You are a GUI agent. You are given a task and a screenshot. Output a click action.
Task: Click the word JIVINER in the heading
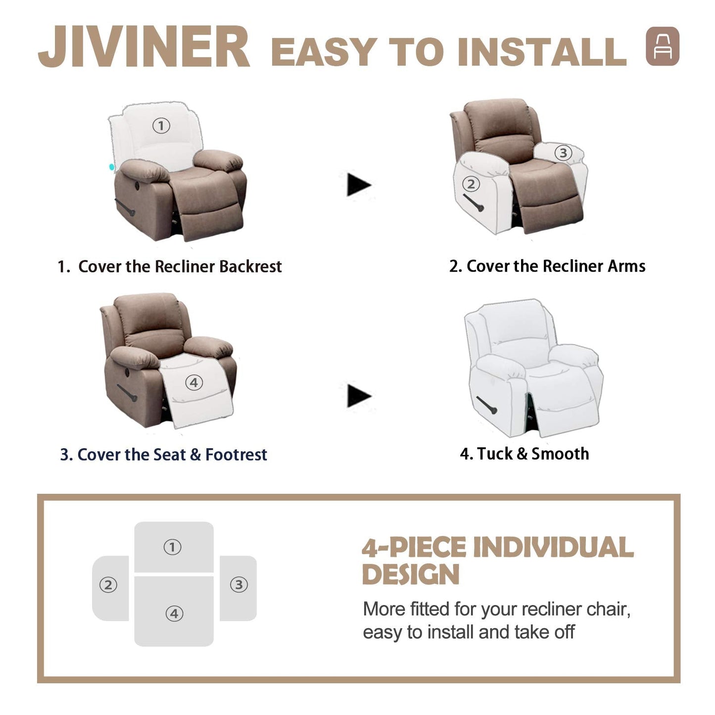coord(143,48)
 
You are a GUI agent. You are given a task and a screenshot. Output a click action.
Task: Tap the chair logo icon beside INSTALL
coord(662,46)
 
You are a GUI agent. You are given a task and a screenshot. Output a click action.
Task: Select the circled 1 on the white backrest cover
coord(161,126)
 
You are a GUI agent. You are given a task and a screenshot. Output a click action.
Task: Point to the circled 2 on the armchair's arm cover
coord(471,184)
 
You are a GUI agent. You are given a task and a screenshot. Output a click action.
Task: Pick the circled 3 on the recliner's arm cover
coord(563,153)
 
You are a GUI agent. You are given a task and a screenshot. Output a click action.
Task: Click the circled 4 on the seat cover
coord(193,382)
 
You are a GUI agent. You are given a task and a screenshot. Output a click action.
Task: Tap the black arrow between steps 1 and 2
coord(358,185)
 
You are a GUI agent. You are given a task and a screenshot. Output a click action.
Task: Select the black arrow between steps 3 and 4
coord(358,396)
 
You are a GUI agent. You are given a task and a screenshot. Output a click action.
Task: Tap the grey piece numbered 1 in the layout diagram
coord(174,547)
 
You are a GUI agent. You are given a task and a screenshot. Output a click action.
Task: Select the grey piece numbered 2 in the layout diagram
coord(110,587)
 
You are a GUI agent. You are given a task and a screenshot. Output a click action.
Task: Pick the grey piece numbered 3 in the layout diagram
coord(238,587)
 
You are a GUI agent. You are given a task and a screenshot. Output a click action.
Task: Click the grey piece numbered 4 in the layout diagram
coord(174,613)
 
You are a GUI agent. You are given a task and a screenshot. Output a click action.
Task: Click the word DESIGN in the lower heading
coord(411,574)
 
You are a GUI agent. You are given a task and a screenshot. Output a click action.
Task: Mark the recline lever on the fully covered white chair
coord(486,405)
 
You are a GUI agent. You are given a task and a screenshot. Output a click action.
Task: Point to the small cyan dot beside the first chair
coord(112,167)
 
